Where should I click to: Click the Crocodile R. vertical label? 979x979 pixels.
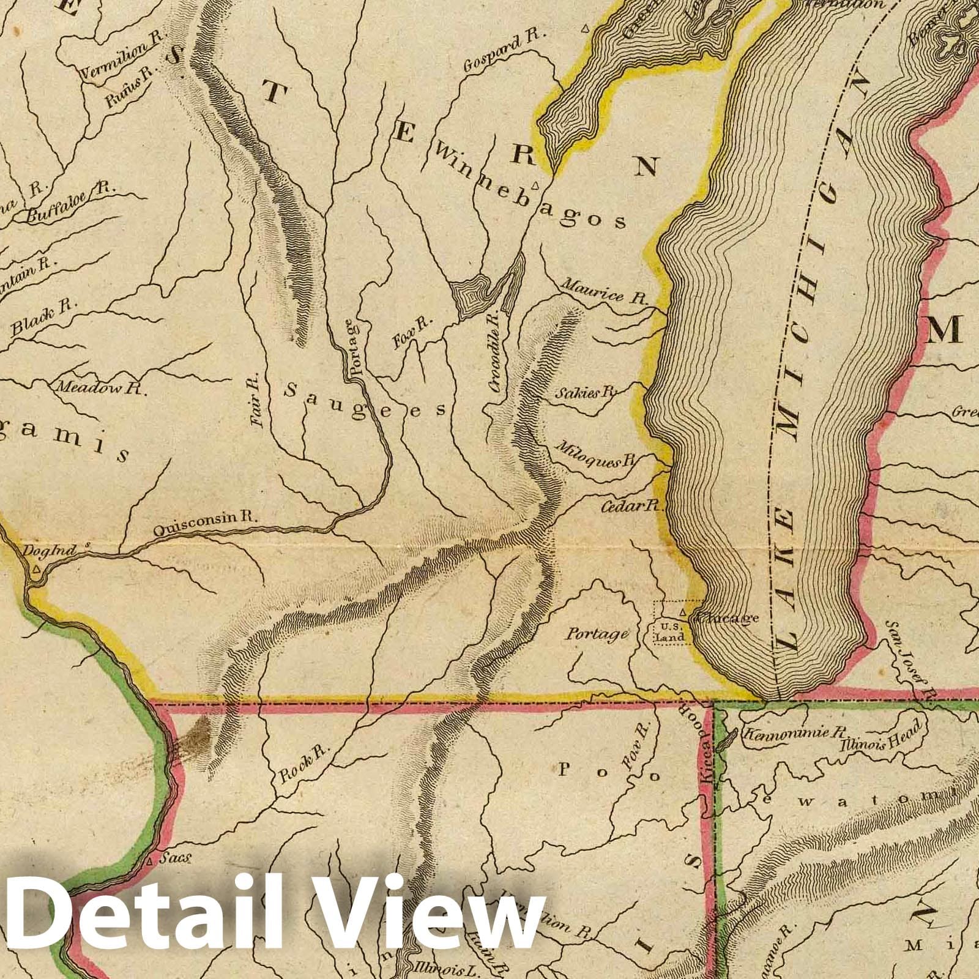495,352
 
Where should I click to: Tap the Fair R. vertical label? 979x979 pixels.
256,400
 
